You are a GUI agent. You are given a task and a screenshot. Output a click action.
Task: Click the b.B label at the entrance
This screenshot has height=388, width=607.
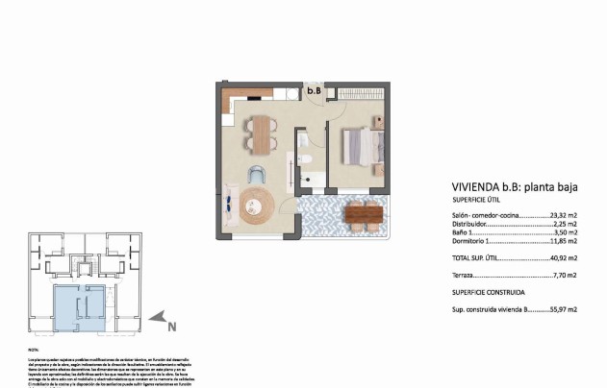pos(314,91)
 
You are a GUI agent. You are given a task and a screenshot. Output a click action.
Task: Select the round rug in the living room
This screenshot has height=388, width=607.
pos(258,205)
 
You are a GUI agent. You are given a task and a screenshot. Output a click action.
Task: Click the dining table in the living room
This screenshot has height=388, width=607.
pos(259,133)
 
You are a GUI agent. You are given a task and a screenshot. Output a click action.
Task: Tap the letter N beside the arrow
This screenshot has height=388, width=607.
pos(172,327)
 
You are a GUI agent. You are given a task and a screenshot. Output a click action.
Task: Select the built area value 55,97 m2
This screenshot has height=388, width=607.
pos(563,310)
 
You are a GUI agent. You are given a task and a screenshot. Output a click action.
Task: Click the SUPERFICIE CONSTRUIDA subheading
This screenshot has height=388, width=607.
pos(489,291)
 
